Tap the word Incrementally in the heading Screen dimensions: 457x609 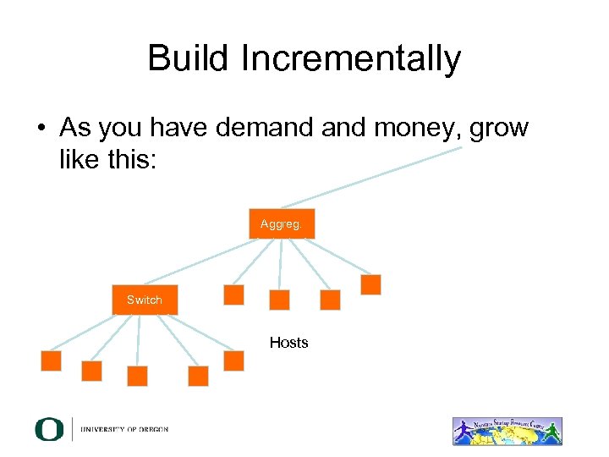tap(350, 59)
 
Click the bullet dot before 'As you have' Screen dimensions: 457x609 tap(41, 129)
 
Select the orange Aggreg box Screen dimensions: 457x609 tap(281, 223)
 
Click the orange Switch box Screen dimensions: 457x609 tap(145, 300)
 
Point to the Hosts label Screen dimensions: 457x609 tap(288, 342)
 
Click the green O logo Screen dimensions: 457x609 tap(49, 429)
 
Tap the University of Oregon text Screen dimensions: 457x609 tap(124, 429)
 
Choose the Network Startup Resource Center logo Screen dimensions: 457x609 tap(507, 431)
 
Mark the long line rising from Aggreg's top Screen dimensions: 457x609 tap(372, 177)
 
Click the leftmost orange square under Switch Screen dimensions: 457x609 tap(52, 361)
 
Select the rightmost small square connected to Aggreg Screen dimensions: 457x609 tap(370, 284)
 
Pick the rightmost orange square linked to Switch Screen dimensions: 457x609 tap(233, 361)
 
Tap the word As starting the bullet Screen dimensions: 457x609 tap(75, 129)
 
